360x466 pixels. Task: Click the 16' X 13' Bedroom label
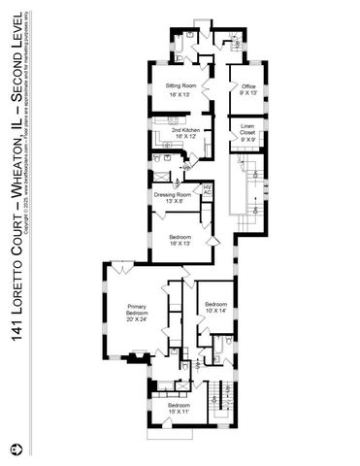point(180,238)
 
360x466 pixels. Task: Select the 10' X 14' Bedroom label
point(215,306)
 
